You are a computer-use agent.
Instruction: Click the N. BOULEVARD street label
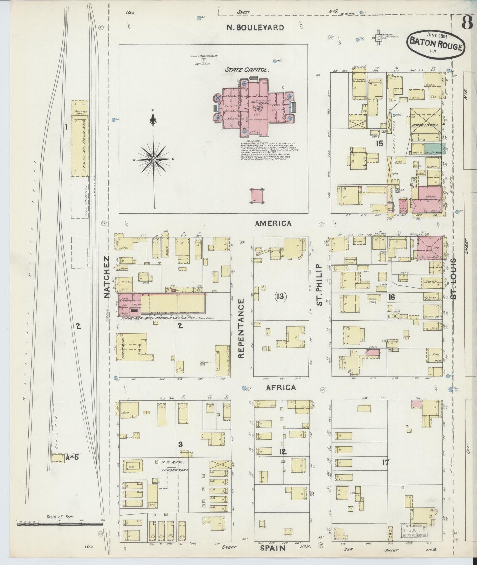pos(255,28)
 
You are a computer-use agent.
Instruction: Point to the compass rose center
pos(154,160)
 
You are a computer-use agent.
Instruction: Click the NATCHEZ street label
pos(106,277)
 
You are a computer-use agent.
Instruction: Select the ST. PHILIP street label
pos(319,285)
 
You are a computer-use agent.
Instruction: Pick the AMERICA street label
pos(273,223)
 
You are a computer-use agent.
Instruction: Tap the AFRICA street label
pos(281,388)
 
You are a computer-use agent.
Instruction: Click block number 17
pos(386,462)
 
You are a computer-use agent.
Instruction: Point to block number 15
pos(379,144)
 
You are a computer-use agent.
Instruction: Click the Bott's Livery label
pos(425,125)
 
